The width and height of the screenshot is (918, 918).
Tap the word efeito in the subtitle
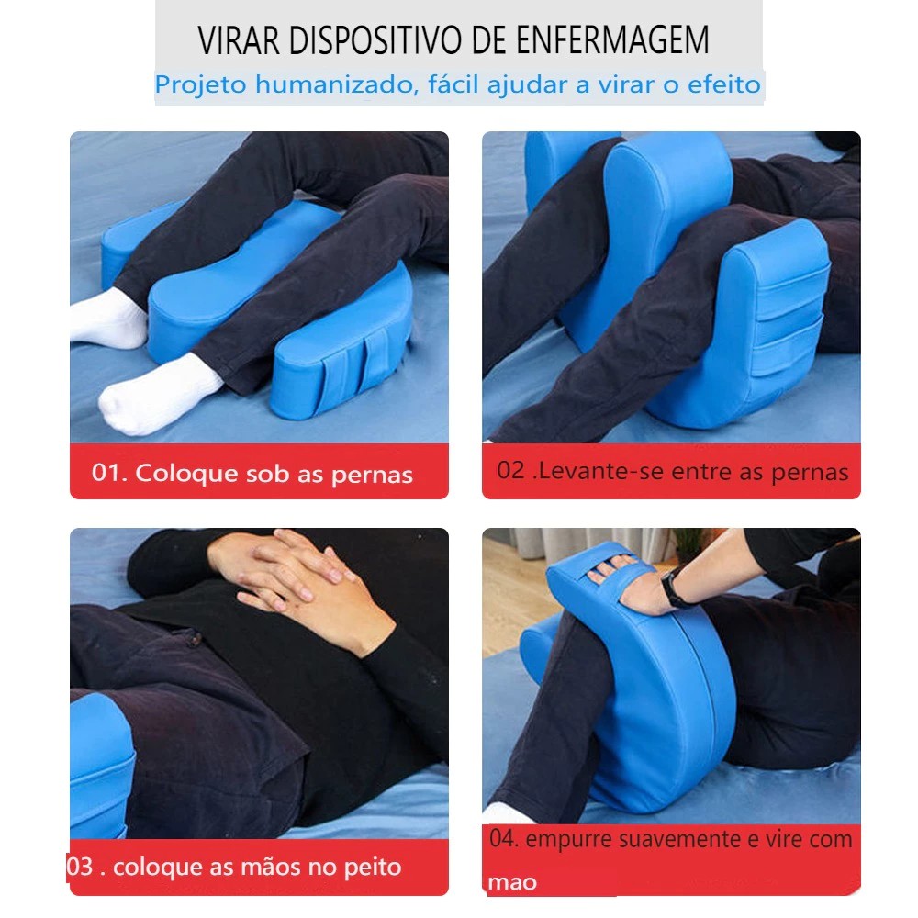pos(723,84)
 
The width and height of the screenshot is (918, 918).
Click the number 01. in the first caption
pos(109,473)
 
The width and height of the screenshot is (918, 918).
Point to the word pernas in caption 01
pos(372,476)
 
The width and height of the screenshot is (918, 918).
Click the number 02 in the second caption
pos(510,470)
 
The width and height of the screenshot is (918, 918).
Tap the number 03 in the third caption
pos(80,867)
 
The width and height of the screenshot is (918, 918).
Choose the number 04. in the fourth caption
pos(504,838)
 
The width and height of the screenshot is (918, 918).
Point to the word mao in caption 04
pos(512,882)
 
